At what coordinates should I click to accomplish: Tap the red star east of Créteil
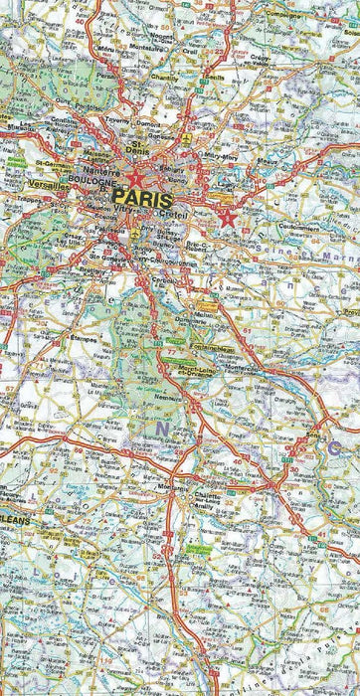(x=229, y=218)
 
